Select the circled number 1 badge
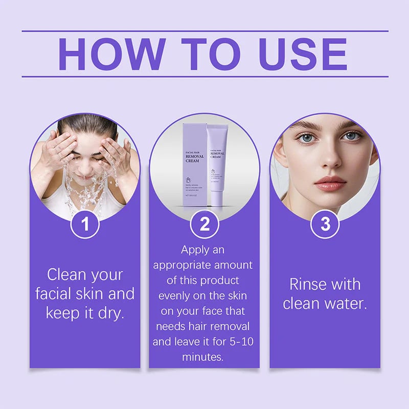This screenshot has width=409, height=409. point(84,224)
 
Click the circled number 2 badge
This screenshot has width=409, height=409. point(204,224)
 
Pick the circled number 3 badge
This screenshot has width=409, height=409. point(325,224)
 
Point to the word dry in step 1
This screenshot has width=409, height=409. point(110,313)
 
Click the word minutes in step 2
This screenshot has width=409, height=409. point(203,357)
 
